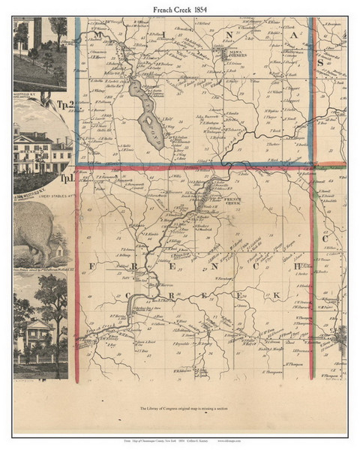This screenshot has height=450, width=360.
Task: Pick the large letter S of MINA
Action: click(318, 64)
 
